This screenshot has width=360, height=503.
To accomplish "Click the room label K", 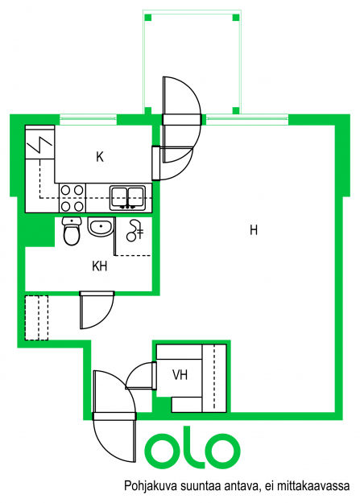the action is click(100, 157).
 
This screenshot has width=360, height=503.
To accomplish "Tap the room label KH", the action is click(100, 266).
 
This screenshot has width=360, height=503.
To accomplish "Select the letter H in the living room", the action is click(254, 230).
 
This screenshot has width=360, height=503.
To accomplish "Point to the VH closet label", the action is click(180, 375).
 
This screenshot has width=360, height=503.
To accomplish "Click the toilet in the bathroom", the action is click(72, 231).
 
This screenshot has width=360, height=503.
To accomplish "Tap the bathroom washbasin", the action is click(101, 227).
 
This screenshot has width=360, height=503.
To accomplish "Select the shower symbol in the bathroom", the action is click(134, 230).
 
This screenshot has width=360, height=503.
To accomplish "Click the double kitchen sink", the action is click(127, 198).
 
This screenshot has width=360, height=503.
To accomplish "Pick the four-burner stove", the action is click(72, 198).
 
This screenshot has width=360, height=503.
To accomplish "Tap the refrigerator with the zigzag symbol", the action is click(39, 142).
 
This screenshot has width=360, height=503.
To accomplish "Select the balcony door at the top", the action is click(182, 120).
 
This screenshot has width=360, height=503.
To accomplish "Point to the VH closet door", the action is click(141, 375).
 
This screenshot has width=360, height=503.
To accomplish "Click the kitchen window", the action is click(88, 120).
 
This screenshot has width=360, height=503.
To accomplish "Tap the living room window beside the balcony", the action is click(246, 120).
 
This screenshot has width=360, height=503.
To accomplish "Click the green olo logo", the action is click(192, 448).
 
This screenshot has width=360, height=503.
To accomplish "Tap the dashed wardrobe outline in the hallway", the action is click(36, 318).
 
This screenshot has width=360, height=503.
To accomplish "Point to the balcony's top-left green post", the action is click(147, 18).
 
